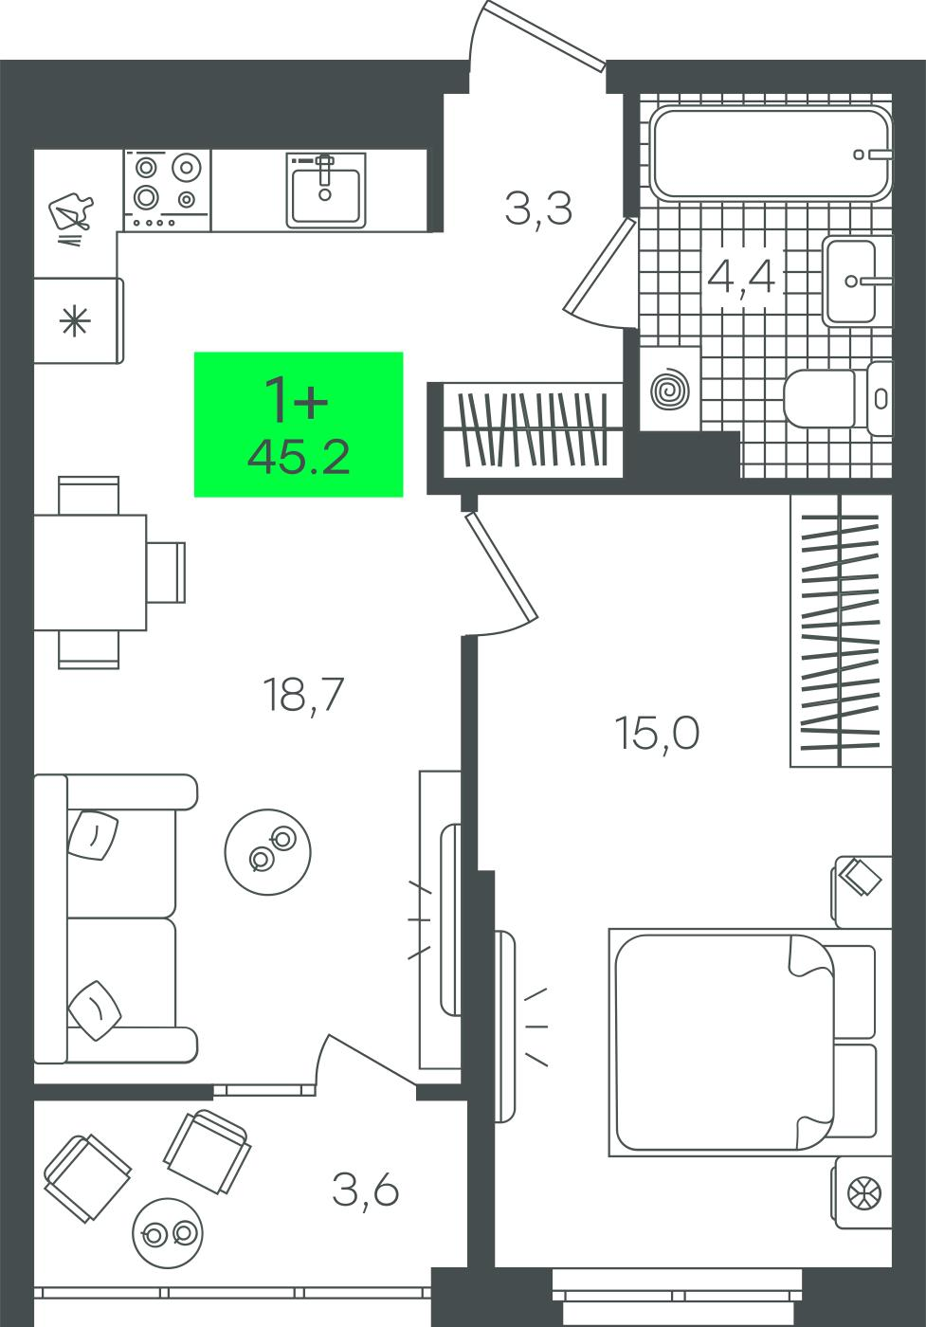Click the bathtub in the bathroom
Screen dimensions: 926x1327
[771, 154]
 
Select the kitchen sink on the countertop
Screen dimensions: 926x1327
[326, 191]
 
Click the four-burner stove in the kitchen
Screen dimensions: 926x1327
[167, 190]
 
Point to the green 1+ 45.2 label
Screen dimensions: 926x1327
[299, 425]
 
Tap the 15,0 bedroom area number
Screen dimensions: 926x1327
[658, 732]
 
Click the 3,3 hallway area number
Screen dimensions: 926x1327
[538, 209]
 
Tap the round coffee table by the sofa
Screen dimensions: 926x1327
[268, 852]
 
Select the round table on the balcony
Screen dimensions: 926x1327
[169, 1233]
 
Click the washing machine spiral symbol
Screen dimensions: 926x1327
[670, 390]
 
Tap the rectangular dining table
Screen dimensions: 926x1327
[90, 573]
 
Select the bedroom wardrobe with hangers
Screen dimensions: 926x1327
[841, 631]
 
